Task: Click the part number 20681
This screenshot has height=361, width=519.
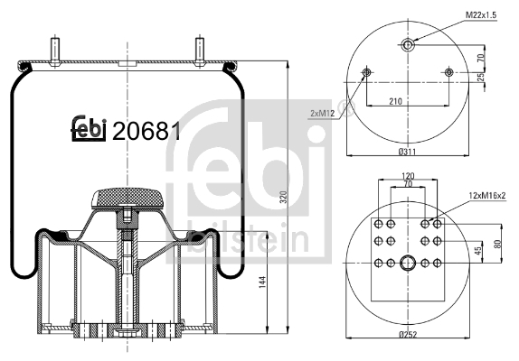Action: [x=146, y=131]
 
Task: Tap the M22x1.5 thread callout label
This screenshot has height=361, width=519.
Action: [x=481, y=14]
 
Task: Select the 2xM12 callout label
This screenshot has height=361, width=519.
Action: [x=323, y=114]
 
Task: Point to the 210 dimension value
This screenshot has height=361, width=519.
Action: [x=395, y=101]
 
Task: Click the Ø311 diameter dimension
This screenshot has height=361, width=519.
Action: [x=407, y=152]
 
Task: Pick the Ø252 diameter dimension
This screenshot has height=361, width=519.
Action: [x=408, y=334]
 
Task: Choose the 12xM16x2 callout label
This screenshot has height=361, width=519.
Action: [x=487, y=196]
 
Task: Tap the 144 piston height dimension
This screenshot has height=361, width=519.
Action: [x=262, y=282]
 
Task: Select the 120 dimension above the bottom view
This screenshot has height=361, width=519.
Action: [x=408, y=176]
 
